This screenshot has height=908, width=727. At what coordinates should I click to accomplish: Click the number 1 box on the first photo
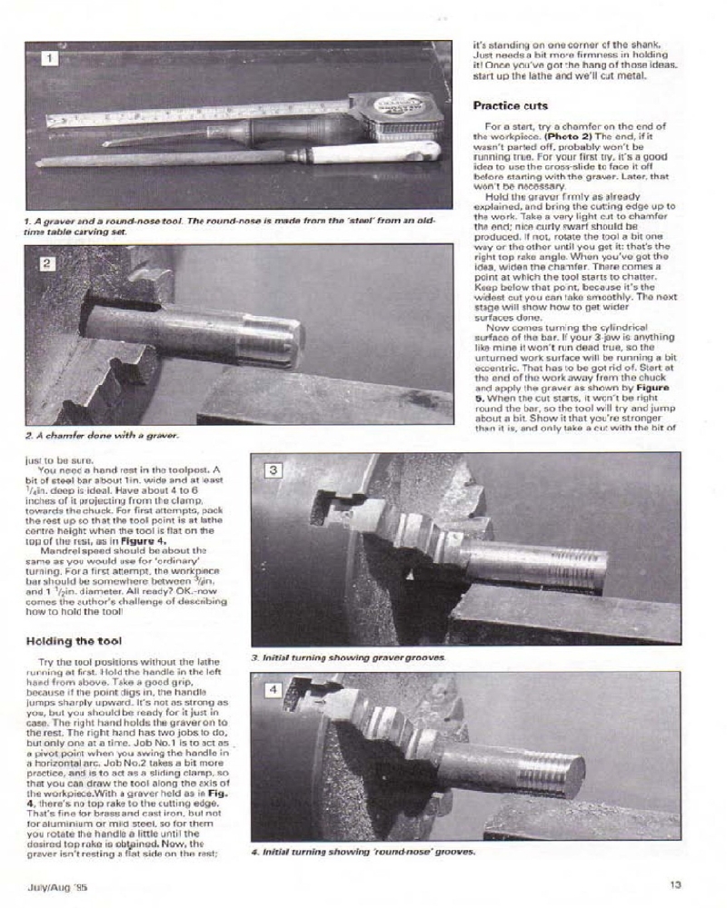point(51,59)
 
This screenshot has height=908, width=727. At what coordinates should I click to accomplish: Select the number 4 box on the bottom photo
point(274,690)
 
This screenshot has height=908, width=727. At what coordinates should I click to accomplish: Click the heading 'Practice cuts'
point(511,105)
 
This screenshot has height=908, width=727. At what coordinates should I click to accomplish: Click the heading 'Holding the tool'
point(75,641)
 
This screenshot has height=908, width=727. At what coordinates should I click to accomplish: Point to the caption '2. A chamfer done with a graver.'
point(101,435)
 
